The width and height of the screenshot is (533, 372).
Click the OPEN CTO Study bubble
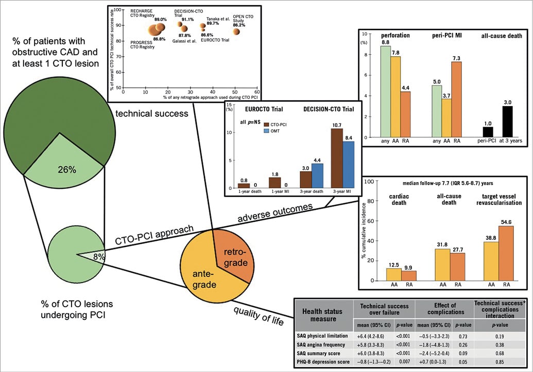[236, 31]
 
